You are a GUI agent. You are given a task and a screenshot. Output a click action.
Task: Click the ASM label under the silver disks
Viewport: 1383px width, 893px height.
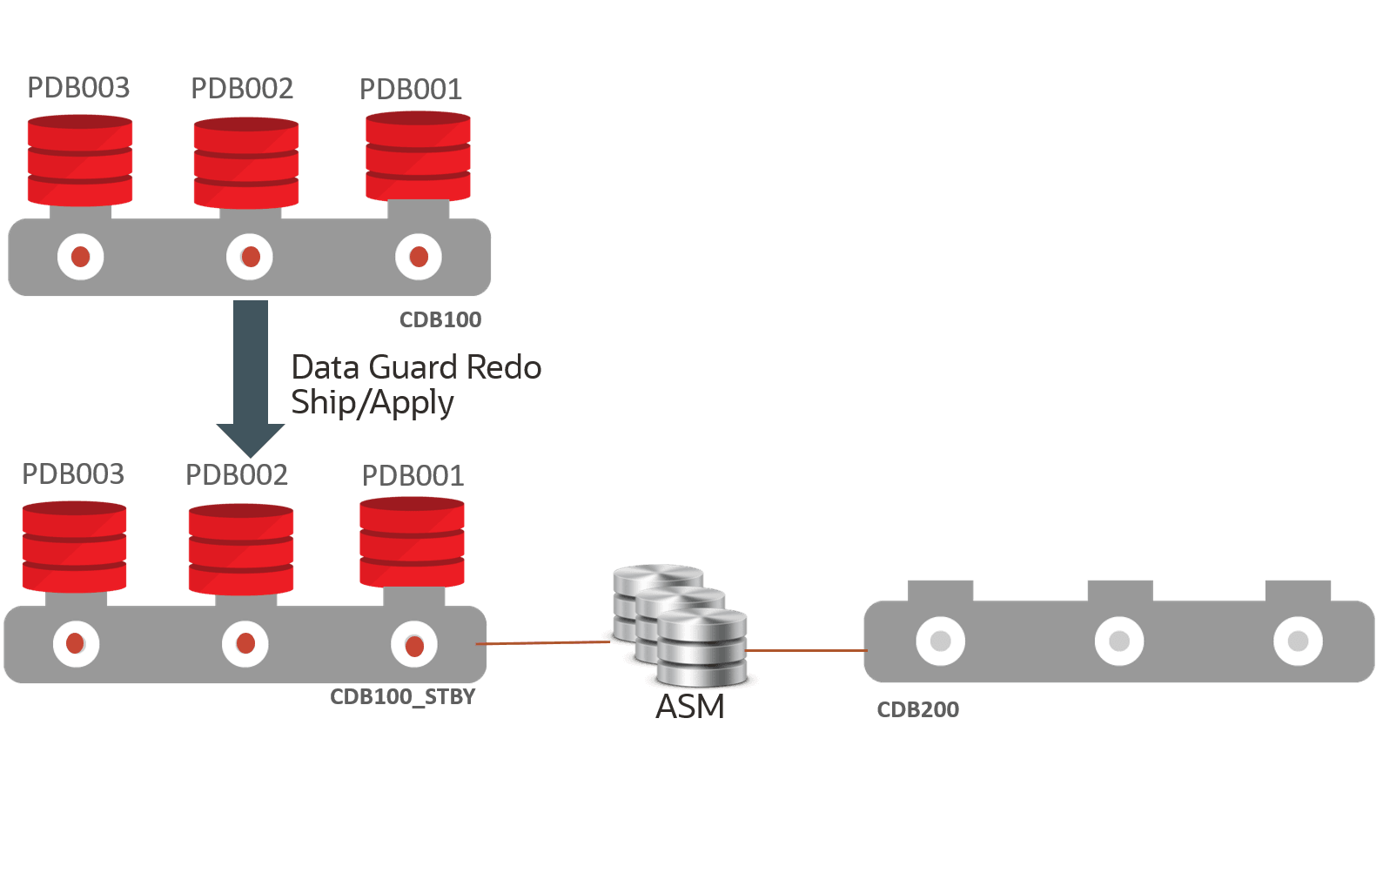689,707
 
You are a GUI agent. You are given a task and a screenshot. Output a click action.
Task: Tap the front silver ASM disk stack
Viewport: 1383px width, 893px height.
702,648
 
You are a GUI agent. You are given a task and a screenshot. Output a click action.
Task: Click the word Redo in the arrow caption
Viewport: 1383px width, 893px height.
503,367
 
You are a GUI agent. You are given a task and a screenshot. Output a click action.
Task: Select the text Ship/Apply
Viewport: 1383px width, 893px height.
372,403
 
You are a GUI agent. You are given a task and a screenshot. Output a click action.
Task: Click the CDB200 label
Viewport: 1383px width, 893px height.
917,709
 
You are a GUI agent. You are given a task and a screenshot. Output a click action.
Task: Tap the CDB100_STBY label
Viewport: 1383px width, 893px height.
402,697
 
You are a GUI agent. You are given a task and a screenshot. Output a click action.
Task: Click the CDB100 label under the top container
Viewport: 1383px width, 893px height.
440,319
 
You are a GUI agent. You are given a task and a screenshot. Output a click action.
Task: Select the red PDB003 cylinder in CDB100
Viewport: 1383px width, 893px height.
80,160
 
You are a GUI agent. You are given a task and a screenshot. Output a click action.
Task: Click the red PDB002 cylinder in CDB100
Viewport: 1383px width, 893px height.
245,163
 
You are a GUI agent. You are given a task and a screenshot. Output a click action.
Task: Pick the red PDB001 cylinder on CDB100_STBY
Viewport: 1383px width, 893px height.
412,541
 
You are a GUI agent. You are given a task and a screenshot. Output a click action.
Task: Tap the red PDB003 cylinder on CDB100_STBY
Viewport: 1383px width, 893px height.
75,547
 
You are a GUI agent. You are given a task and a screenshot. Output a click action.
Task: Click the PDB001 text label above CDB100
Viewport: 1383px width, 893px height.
410,89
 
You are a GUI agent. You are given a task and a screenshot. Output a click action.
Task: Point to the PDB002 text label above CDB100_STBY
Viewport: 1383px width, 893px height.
237,474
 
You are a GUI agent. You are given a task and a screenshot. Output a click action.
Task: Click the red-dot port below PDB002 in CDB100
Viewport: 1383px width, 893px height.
250,257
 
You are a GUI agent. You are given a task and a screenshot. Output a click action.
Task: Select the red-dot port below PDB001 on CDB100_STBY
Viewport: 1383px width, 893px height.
414,645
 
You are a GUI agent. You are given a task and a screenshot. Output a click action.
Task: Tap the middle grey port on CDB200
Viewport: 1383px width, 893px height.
1119,641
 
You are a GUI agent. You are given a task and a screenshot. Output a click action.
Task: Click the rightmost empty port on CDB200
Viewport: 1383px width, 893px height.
1298,641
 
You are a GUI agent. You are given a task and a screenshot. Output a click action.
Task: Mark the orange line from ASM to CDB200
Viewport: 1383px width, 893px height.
805,650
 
